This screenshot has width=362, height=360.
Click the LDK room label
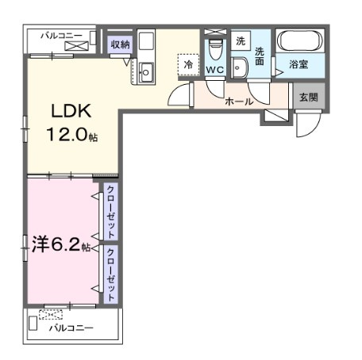[71, 111]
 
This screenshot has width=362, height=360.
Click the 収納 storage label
[121, 44]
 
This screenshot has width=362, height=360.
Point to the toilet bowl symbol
[214, 50]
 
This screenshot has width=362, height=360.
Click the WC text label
[215, 70]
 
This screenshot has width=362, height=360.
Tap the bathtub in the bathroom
[300, 40]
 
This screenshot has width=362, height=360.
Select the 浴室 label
[298, 64]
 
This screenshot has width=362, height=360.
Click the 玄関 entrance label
[309, 98]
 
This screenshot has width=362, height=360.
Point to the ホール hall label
[239, 101]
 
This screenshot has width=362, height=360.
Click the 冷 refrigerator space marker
[188, 65]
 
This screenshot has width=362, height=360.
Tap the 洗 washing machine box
[241, 40]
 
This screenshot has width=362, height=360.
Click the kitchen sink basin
[145, 72]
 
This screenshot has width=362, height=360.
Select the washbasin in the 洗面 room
[240, 68]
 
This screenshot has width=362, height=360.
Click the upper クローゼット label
[110, 212]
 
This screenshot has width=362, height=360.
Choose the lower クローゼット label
[110, 274]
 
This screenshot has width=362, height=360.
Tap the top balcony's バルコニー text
[62, 36]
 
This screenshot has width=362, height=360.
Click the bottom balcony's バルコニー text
[71, 328]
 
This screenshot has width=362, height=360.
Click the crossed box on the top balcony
[76, 46]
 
